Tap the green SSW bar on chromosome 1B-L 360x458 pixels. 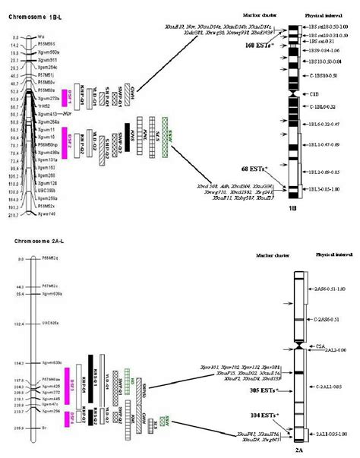click(166, 131)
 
